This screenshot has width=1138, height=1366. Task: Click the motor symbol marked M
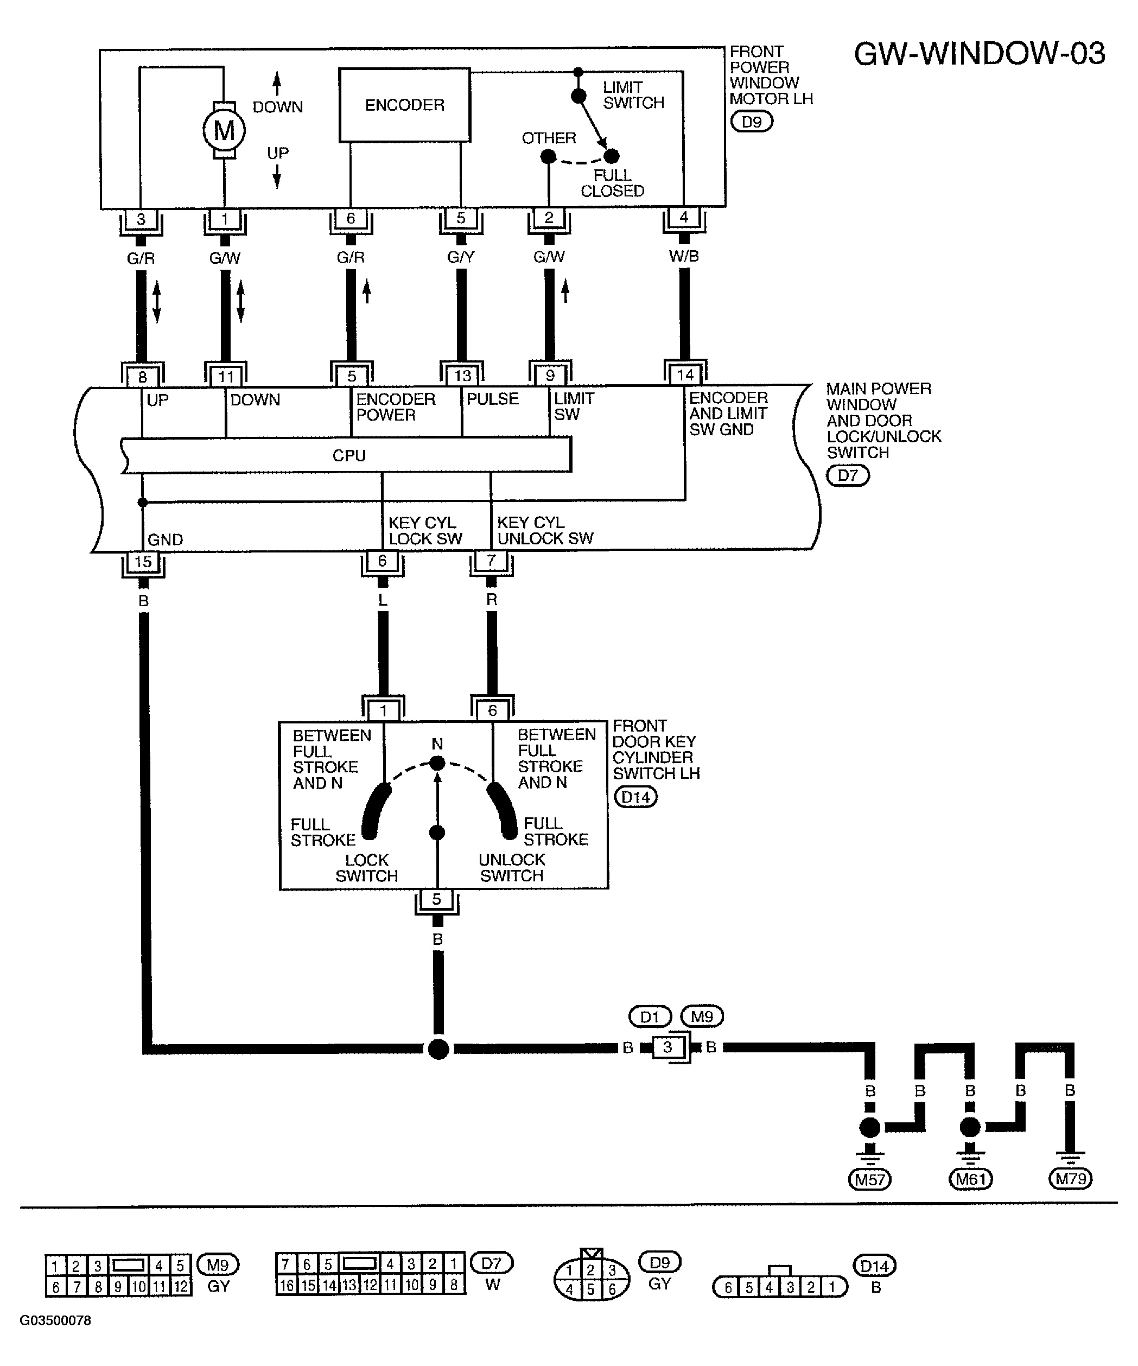224,131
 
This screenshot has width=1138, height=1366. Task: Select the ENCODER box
404,105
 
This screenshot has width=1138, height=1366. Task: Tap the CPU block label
349,455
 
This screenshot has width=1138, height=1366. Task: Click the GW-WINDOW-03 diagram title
980,53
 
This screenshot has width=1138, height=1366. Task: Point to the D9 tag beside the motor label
752,122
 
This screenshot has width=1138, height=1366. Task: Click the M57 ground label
869,1179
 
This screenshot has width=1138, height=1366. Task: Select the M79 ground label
1070,1178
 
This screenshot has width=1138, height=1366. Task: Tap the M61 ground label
970,1179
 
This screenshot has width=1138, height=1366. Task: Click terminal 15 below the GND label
143,561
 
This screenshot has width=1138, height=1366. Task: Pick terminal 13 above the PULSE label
462,376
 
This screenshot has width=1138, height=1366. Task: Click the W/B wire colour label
684,256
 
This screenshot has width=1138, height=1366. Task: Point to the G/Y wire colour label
461,257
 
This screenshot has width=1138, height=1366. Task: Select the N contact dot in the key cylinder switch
437,763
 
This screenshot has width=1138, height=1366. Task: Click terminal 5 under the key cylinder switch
437,899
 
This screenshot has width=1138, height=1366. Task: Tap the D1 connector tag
650,1016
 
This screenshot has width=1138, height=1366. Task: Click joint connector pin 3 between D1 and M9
667,1047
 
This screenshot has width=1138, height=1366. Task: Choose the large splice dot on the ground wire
439,1049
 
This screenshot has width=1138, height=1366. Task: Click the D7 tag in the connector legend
492,1263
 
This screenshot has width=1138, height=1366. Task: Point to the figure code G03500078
55,1320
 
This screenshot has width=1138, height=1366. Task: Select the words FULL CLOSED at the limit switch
613,183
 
